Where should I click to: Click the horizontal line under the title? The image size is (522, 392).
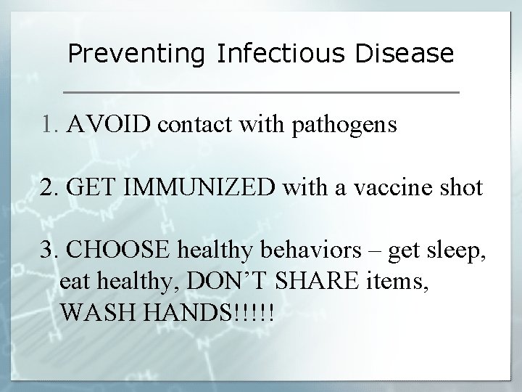pos(261,93)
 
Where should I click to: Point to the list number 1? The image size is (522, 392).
pos(48,126)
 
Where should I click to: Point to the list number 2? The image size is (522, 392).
pos(48,188)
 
